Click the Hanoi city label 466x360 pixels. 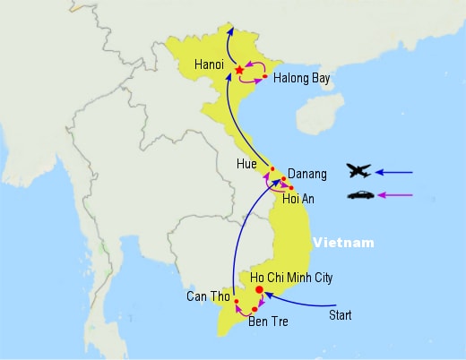pos(209,64)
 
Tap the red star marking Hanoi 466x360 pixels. pos(239,70)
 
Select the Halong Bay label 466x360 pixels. pos(302,79)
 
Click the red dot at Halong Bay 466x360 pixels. pos(264,76)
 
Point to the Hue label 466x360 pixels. pos(246,164)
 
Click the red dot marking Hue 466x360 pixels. pos(272,169)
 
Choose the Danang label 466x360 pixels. pos(307,174)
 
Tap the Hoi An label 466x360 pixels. pos(298,199)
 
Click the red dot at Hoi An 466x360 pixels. pos(291,188)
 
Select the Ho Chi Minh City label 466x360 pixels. pos(291,278)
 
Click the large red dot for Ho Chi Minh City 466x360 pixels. pos(259,289)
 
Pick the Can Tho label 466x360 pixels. pos(208,296)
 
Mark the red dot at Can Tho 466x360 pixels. pos(237,301)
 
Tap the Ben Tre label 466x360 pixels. pos(268,321)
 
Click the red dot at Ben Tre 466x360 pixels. pos(255,309)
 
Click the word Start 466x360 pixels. pos(341,315)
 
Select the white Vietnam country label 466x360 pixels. pos(343,243)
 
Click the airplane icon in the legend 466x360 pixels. pos(358,171)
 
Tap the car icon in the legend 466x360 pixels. pos(360,195)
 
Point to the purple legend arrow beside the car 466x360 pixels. pos(395,195)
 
